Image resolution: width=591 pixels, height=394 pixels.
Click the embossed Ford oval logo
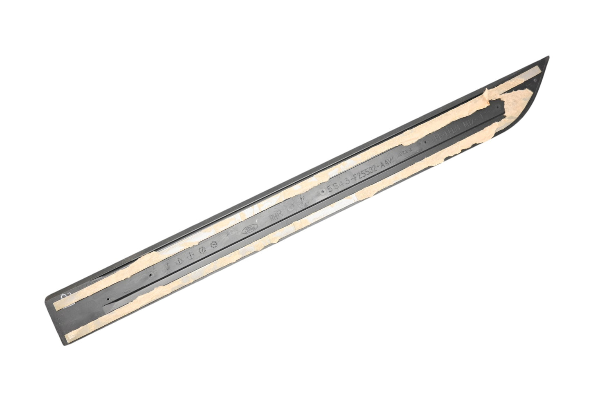click(x=249, y=230)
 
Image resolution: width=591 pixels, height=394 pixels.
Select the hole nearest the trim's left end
click(x=108, y=299)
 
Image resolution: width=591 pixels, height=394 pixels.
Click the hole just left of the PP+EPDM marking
click(x=426, y=143)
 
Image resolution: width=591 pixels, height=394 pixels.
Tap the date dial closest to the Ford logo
click(x=213, y=245)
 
